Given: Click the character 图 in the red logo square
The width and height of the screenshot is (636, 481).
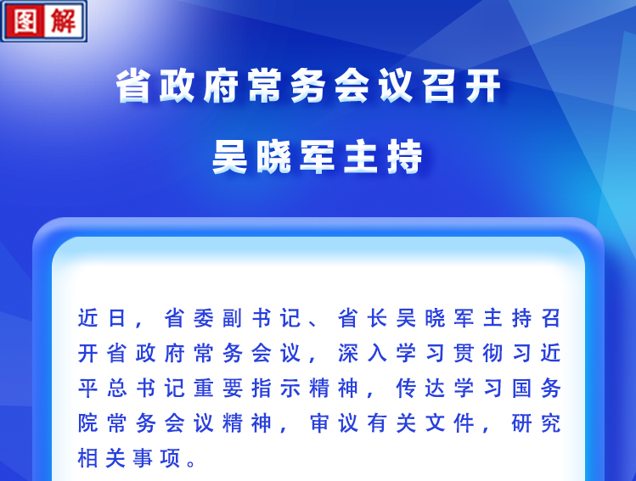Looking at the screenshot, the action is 25,20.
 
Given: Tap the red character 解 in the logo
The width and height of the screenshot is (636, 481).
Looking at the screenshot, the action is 64,20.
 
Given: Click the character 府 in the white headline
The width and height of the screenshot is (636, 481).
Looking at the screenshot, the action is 221,86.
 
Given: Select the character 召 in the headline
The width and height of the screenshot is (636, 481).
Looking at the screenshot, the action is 439,86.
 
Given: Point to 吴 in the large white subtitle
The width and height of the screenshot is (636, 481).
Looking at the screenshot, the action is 230,156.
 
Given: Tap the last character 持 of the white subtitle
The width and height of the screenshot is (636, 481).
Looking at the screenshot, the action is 405,156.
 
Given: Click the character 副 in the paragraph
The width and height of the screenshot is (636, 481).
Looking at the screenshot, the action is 233,318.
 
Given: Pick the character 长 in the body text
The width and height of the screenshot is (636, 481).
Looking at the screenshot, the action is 377,318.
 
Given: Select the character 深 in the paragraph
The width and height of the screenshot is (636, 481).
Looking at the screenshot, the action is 348,353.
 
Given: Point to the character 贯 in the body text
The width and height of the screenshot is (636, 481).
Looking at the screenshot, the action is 464,353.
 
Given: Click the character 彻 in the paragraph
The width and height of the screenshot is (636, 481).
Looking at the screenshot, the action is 492,353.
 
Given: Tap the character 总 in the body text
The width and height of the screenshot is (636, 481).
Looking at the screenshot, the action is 117,389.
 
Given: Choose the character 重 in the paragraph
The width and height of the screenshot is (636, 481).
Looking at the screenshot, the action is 204,389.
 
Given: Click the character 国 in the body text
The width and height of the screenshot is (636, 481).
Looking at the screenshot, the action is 521,389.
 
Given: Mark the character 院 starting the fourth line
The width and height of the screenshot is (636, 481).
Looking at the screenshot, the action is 88,423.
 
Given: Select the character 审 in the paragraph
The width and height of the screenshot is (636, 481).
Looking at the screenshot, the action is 319,423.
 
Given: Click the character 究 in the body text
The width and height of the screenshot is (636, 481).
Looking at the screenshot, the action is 551,423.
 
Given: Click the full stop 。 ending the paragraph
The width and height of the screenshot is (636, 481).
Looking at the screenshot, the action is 192,463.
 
